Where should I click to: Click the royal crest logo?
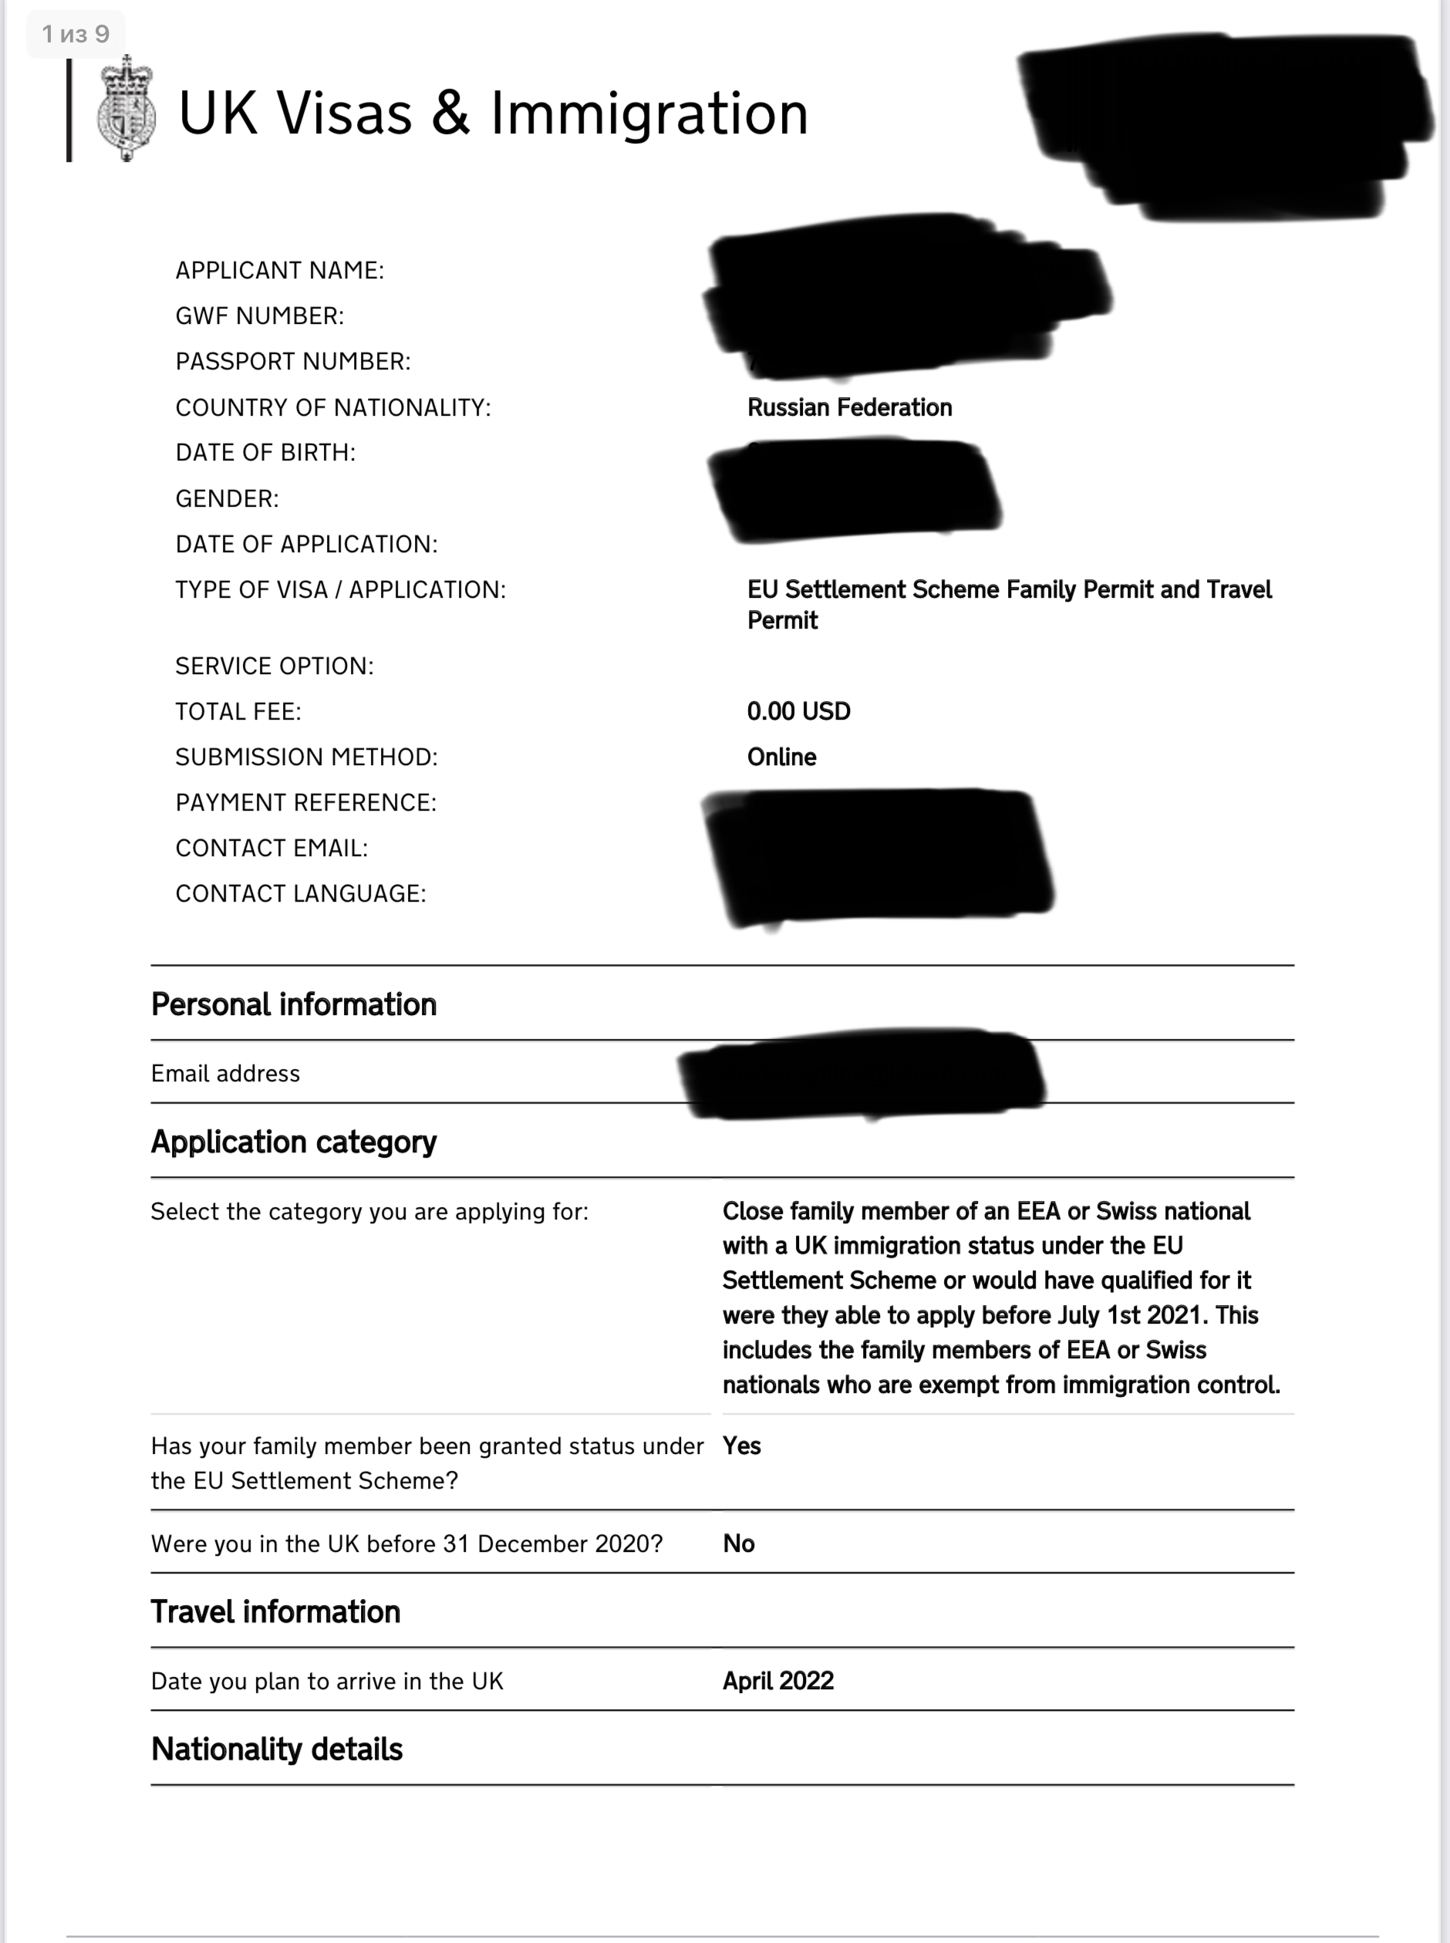tap(126, 110)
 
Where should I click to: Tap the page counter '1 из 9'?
tap(76, 34)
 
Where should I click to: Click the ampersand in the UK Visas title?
tap(450, 113)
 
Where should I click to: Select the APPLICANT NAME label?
tap(279, 270)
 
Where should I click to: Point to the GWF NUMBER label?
tap(259, 316)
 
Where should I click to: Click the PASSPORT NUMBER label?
tap(292, 362)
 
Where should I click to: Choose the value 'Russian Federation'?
tap(848, 407)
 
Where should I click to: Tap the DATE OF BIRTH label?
tap(265, 453)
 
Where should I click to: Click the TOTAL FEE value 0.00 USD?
tap(797, 711)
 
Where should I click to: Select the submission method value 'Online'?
tap(781, 757)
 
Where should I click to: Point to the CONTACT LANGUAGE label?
tap(300, 893)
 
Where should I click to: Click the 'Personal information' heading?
tap(293, 1004)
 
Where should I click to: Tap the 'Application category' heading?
tap(293, 1142)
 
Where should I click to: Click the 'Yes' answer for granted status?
tap(740, 1445)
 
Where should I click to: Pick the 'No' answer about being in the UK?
tap(738, 1543)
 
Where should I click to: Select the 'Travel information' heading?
tap(275, 1611)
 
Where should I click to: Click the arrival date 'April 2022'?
tap(777, 1681)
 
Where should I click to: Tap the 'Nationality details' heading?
tap(276, 1749)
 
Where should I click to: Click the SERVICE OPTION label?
tap(274, 666)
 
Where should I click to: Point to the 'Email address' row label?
tap(224, 1073)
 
